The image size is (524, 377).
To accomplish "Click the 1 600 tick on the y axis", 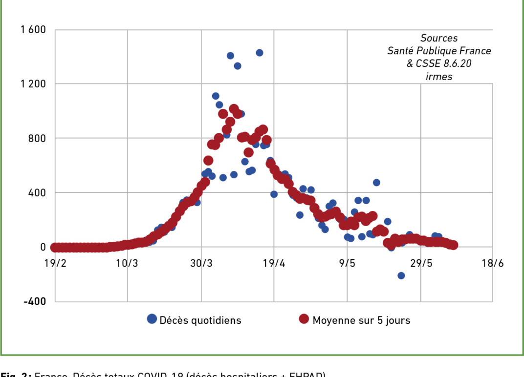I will pyautogui.click(x=33, y=30).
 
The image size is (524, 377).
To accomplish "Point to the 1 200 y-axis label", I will pyautogui.click(x=33, y=84).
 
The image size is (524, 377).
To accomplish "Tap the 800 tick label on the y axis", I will pyautogui.click(x=37, y=138).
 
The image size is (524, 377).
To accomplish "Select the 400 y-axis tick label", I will pyautogui.click(x=37, y=193).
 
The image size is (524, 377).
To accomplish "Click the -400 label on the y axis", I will pyautogui.click(x=34, y=301).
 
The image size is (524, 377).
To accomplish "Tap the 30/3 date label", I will pyautogui.click(x=200, y=264).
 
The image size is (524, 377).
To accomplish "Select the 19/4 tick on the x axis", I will pyautogui.click(x=274, y=264).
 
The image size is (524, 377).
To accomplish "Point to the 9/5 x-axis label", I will pyautogui.click(x=347, y=264).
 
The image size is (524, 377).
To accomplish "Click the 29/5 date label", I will pyautogui.click(x=420, y=264).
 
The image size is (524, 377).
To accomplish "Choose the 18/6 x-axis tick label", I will pyautogui.click(x=493, y=264).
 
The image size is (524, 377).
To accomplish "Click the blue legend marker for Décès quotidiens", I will pyautogui.click(x=152, y=319).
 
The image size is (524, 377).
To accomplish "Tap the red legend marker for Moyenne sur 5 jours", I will pyautogui.click(x=304, y=319).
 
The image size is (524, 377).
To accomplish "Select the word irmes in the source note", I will pyautogui.click(x=438, y=77).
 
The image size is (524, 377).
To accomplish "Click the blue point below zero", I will pyautogui.click(x=401, y=275).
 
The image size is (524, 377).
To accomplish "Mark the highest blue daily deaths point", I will pyautogui.click(x=260, y=53).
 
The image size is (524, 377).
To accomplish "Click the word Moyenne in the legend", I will pyautogui.click(x=334, y=320).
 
